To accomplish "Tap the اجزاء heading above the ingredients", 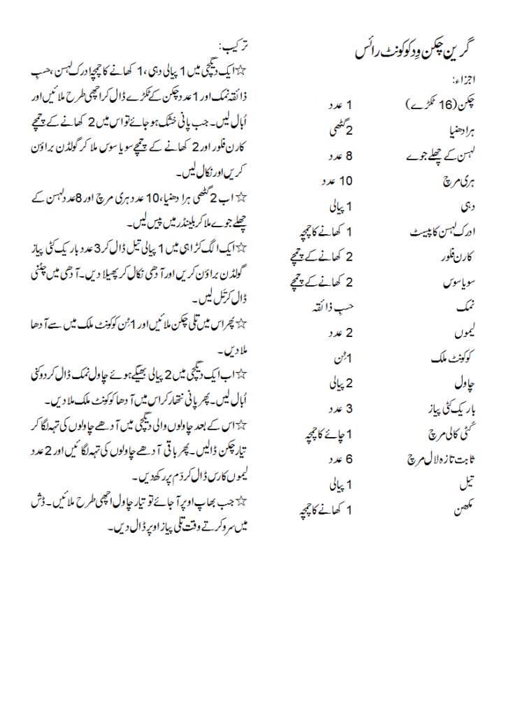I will (461, 78).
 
